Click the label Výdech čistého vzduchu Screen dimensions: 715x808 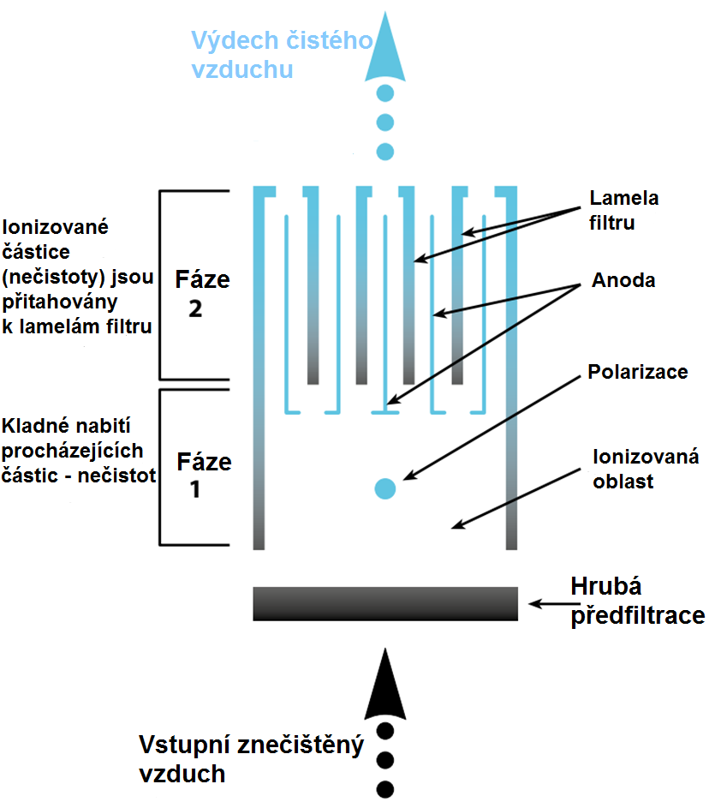coord(282,55)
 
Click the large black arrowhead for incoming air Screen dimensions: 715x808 coord(385,685)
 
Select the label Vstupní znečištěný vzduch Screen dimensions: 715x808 coord(252,759)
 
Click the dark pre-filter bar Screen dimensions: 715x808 coord(385,603)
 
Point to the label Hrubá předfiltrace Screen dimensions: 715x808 coord(638,601)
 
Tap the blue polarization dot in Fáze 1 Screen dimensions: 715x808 coord(385,488)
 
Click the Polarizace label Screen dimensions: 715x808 coord(638,372)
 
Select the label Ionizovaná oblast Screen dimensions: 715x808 coord(646,469)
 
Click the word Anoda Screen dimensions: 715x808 coord(623,280)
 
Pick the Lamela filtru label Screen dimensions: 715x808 coord(624,210)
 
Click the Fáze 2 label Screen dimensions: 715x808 coord(202,294)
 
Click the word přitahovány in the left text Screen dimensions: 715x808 coord(60,302)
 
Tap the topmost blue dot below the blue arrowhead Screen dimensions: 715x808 coord(385,93)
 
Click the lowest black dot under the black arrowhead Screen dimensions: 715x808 coord(385,789)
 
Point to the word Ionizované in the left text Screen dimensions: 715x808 coord(55,227)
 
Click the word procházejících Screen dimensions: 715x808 coord(72,451)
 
